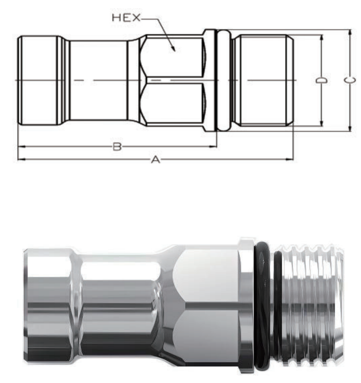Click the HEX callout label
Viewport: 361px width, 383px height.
[126, 18]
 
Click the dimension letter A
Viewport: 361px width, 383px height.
[156, 160]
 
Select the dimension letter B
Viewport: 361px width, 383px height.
[117, 147]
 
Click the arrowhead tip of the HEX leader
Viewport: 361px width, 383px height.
[175, 51]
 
